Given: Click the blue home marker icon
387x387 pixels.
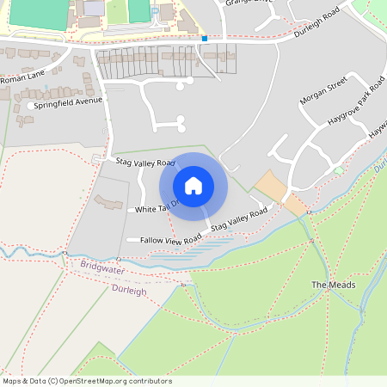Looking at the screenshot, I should pyautogui.click(x=193, y=185).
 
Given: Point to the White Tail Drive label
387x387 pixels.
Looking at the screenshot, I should pyautogui.click(x=155, y=207).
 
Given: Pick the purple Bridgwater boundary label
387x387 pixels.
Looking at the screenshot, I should pyautogui.click(x=101, y=269).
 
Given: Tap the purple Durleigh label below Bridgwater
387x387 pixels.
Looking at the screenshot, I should pyautogui.click(x=130, y=291).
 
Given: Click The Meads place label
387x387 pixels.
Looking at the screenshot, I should pyautogui.click(x=327, y=285).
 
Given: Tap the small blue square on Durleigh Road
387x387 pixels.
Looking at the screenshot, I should pyautogui.click(x=205, y=38).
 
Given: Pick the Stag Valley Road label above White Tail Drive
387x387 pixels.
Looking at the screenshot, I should pyautogui.click(x=145, y=163).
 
